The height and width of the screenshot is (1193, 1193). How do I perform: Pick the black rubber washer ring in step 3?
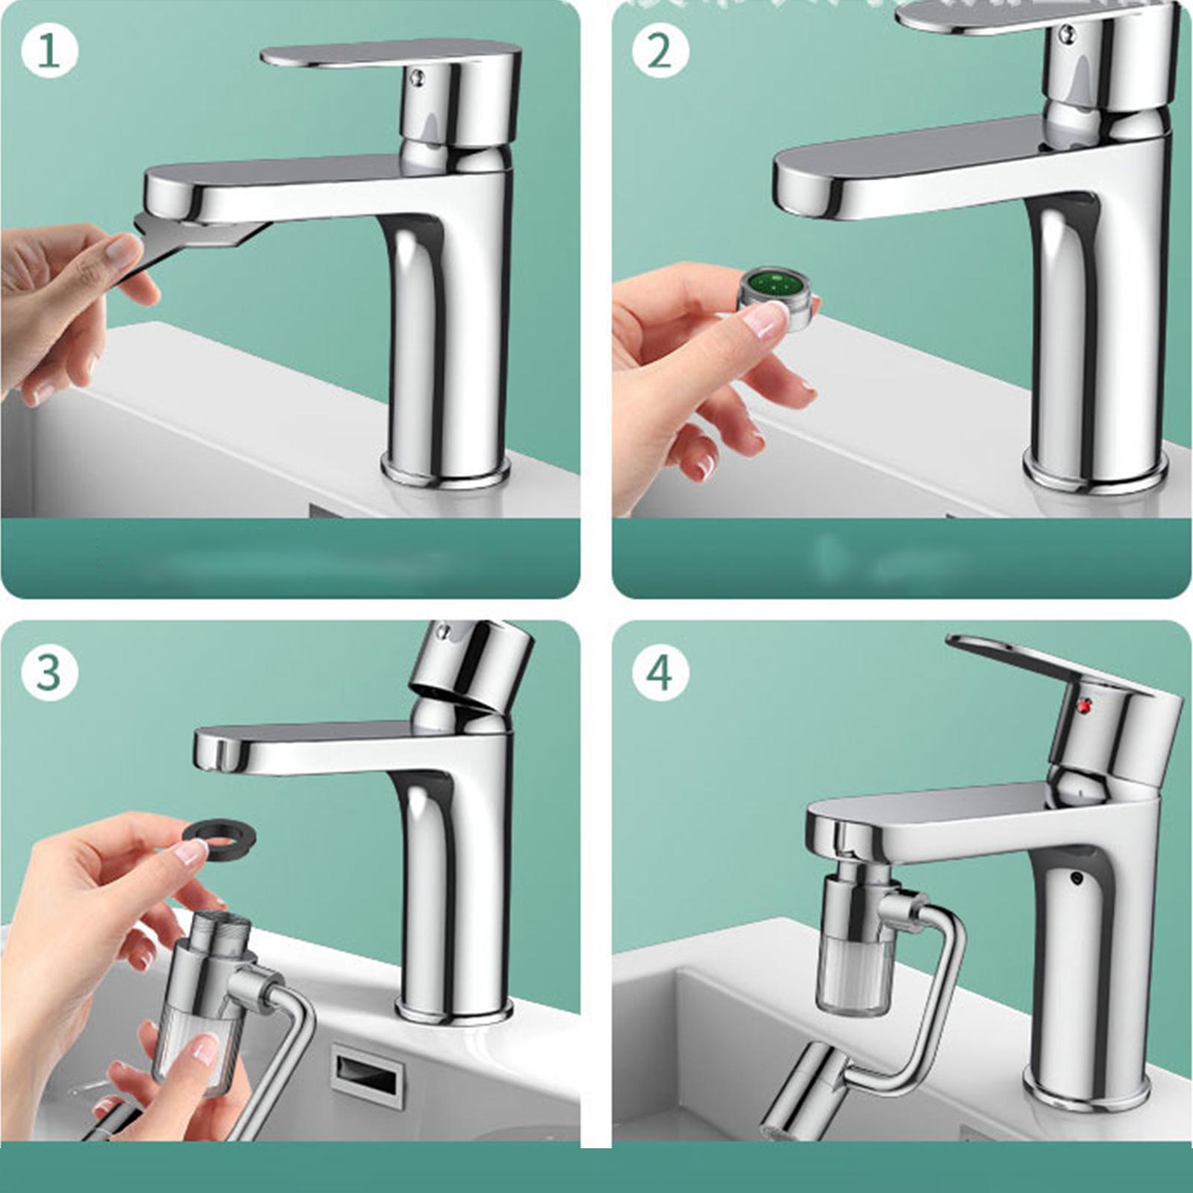click(220, 833)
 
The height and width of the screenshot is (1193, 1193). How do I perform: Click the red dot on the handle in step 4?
click(1085, 703)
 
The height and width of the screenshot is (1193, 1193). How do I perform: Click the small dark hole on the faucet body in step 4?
click(1074, 878)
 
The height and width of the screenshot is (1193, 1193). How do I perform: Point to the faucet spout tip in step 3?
click(216, 752)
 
